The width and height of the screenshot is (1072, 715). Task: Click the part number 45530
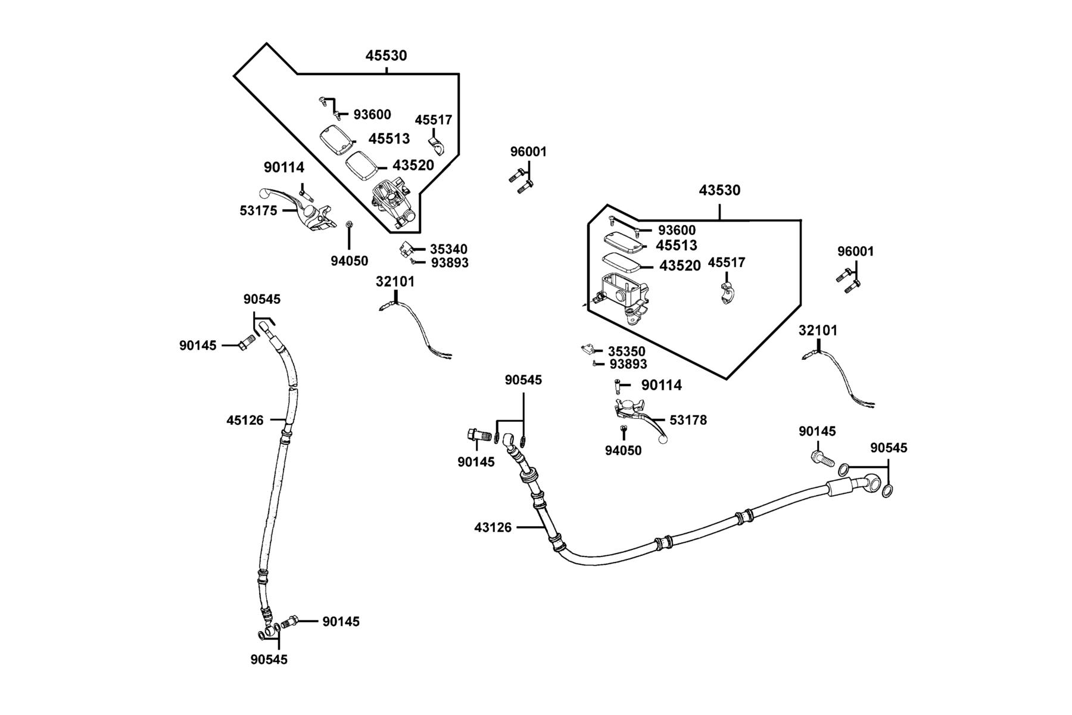pos(386,55)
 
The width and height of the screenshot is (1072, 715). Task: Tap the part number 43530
pos(719,190)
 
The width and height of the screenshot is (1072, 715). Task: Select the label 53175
pos(258,210)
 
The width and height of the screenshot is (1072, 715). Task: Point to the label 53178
pos(688,420)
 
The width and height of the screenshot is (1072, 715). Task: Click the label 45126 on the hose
pos(245,420)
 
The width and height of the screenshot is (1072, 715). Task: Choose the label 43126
pos(493,527)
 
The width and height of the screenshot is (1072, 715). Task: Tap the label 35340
pos(448,249)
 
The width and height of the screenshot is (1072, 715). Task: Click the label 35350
pos(627,352)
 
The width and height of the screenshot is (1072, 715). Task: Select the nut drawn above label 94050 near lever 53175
pos(349,225)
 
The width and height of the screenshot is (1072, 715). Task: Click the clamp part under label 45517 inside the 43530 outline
pos(727,294)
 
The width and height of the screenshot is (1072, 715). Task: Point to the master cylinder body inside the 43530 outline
pos(622,296)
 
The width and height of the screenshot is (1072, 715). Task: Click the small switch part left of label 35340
pos(406,249)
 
